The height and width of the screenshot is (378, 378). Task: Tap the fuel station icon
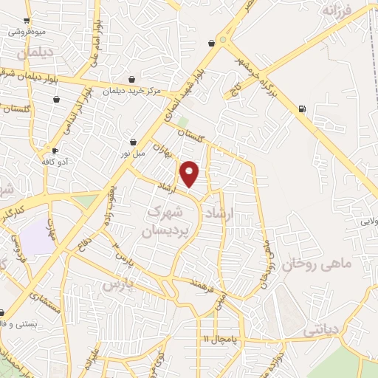(301, 109)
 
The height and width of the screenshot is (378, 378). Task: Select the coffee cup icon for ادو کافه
(55, 151)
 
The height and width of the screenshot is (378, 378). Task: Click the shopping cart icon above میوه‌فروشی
(27, 21)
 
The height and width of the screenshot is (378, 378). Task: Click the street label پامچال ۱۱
(220, 339)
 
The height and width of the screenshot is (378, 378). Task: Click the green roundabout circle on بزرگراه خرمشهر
(222, 41)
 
